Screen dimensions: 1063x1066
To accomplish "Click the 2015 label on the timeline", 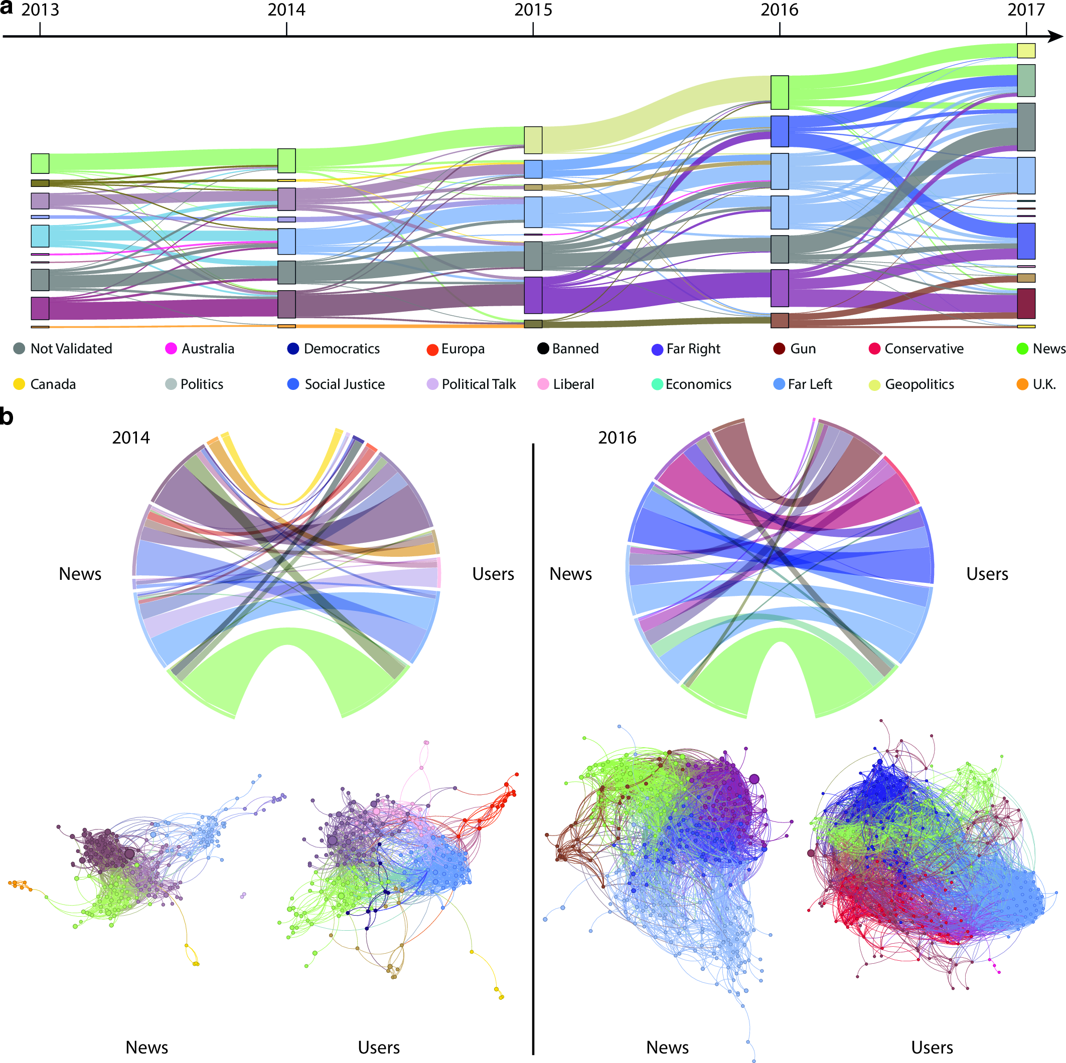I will click(532, 10).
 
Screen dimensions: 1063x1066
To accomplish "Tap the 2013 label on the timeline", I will click(40, 10).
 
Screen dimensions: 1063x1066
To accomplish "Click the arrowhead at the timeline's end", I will click(1055, 37).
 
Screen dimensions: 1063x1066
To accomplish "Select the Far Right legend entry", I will click(686, 349).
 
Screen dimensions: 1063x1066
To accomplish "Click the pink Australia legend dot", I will click(171, 348).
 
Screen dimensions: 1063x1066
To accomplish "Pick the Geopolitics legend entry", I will click(911, 384).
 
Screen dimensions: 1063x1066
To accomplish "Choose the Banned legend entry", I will click(568, 349).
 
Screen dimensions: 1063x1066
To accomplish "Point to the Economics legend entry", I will click(691, 384).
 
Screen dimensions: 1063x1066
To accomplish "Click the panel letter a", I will click(7, 8).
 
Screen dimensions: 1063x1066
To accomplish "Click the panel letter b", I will click(7, 417).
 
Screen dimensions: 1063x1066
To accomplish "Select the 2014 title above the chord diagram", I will click(131, 438).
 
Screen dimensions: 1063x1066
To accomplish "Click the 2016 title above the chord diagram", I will click(617, 438).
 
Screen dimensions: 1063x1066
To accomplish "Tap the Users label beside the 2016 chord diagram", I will click(987, 574).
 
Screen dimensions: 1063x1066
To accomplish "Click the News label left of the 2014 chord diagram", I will click(80, 574).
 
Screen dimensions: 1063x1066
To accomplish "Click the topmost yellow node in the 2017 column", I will click(1026, 51).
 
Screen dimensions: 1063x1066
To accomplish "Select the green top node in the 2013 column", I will click(40, 164).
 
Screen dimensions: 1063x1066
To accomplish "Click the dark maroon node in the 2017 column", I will click(1026, 304).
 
